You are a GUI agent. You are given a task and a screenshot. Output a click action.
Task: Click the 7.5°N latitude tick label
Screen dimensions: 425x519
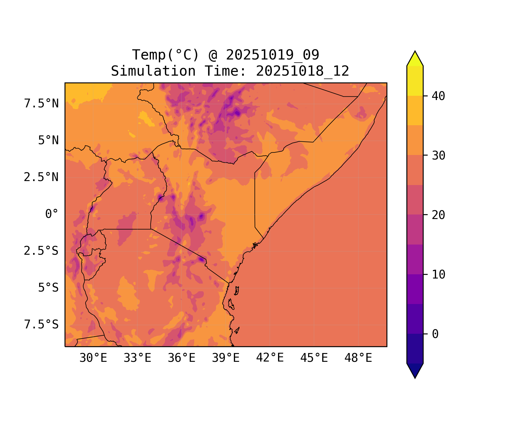point(41,104)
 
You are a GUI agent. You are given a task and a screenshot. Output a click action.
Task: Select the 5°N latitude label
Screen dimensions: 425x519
point(48,141)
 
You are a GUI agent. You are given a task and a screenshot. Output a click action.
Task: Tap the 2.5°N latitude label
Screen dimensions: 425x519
point(41,177)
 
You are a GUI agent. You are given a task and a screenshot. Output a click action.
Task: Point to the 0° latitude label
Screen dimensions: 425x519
point(52,214)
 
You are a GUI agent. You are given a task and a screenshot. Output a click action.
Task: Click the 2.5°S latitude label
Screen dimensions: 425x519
point(41,251)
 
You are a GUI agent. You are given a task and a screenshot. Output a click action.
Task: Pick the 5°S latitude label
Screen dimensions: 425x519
point(48,288)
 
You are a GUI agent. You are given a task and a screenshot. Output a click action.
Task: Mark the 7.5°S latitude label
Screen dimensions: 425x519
point(41,325)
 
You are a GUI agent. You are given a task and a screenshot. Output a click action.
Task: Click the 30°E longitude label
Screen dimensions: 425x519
point(93,358)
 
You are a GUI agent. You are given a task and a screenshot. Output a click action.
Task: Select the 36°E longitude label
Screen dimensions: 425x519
point(181,358)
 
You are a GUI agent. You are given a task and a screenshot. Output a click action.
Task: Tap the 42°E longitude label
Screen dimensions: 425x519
point(270,358)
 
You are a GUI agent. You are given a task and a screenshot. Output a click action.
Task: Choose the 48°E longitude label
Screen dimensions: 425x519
point(358,358)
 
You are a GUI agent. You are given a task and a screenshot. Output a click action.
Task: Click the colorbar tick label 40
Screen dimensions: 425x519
point(438,96)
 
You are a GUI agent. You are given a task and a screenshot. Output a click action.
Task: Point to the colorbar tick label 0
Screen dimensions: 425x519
point(435,334)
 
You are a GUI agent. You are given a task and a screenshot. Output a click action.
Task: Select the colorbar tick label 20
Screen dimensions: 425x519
point(438,215)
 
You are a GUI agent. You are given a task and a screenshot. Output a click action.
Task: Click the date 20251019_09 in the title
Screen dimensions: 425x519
point(272,55)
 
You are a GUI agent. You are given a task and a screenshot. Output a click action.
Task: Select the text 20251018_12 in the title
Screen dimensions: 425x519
point(302,71)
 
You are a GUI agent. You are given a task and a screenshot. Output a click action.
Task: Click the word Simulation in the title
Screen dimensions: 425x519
point(153,71)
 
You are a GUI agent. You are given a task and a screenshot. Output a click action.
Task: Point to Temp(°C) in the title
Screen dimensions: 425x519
point(165,55)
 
